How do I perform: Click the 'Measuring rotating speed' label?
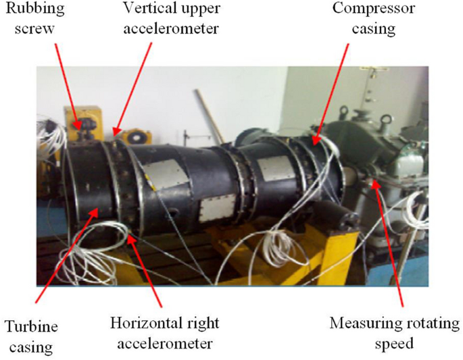tap(394, 333)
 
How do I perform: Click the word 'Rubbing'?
tap(34, 9)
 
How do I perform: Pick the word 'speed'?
tap(394, 343)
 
